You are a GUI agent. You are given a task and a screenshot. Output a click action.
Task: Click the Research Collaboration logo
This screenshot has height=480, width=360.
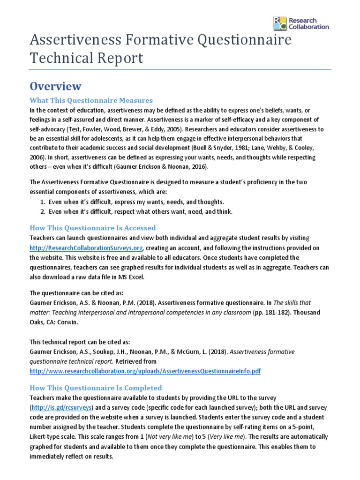301,23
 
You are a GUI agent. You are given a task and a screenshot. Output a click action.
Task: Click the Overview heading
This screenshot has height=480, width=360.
55,86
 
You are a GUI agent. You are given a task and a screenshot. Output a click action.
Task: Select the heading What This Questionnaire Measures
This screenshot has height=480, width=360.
91,100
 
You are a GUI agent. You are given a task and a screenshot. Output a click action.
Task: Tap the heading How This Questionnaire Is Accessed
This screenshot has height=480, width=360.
92,228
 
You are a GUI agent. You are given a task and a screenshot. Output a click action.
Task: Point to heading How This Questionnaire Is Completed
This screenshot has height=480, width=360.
96,388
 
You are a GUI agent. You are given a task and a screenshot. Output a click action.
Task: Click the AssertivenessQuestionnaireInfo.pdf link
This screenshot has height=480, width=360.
145,371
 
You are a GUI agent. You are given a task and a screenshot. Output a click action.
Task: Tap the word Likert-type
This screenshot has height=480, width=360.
49,437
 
